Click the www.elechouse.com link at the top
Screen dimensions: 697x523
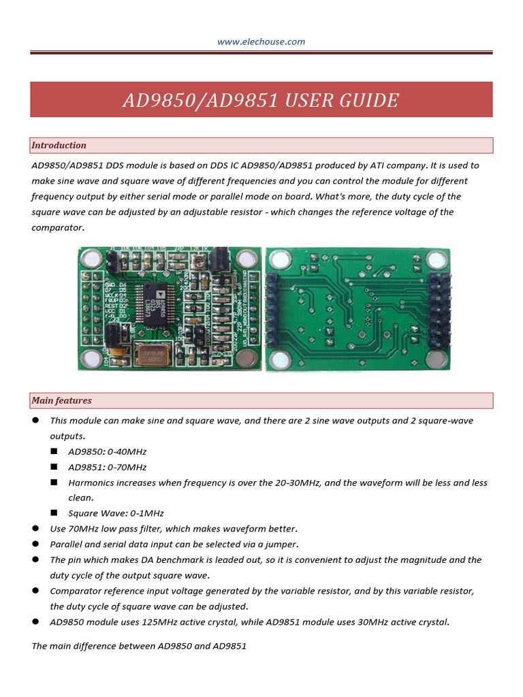(x=261, y=42)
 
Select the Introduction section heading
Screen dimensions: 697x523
(x=59, y=145)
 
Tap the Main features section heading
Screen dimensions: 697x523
(x=61, y=400)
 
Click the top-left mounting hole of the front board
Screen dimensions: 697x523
(x=89, y=259)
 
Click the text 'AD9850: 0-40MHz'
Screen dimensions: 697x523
(x=108, y=451)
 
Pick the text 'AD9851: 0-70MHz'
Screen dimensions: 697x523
(x=108, y=467)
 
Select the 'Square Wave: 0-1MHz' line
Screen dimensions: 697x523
(x=116, y=513)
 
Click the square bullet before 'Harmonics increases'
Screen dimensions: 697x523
(x=54, y=483)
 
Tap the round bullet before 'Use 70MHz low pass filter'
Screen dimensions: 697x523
(x=35, y=528)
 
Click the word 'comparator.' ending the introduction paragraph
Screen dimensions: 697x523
(x=59, y=227)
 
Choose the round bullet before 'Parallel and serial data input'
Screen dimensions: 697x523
(x=35, y=544)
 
